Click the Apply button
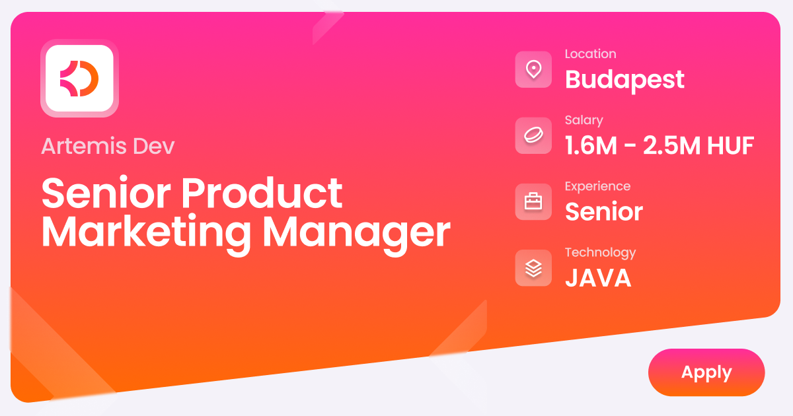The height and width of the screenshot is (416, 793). pos(706,372)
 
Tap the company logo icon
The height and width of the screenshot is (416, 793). pos(79,78)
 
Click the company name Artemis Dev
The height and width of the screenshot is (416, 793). pos(108,146)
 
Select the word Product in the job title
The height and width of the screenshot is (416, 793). pos(262,193)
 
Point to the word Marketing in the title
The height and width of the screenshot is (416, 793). pos(146,232)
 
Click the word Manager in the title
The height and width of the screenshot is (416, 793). pos(356,232)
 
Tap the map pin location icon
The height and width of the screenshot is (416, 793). pos(533,69)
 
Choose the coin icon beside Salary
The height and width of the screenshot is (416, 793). pos(533,135)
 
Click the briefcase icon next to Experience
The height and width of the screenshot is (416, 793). pos(533,201)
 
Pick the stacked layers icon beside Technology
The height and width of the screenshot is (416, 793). pos(533,267)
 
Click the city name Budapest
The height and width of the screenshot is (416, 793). pos(624,80)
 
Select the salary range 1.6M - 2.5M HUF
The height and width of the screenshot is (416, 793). pos(659,146)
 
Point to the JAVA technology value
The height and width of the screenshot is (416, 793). pos(598,278)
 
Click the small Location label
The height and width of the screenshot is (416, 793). pos(590,54)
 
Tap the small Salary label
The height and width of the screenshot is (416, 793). pos(584,120)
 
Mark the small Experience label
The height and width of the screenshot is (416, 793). pos(597,186)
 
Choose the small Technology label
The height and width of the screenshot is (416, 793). pos(600,252)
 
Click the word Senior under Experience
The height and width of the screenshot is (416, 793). pos(603,212)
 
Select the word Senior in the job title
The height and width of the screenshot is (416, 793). pos(106,193)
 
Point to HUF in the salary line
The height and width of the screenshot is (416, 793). pos(730,146)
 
